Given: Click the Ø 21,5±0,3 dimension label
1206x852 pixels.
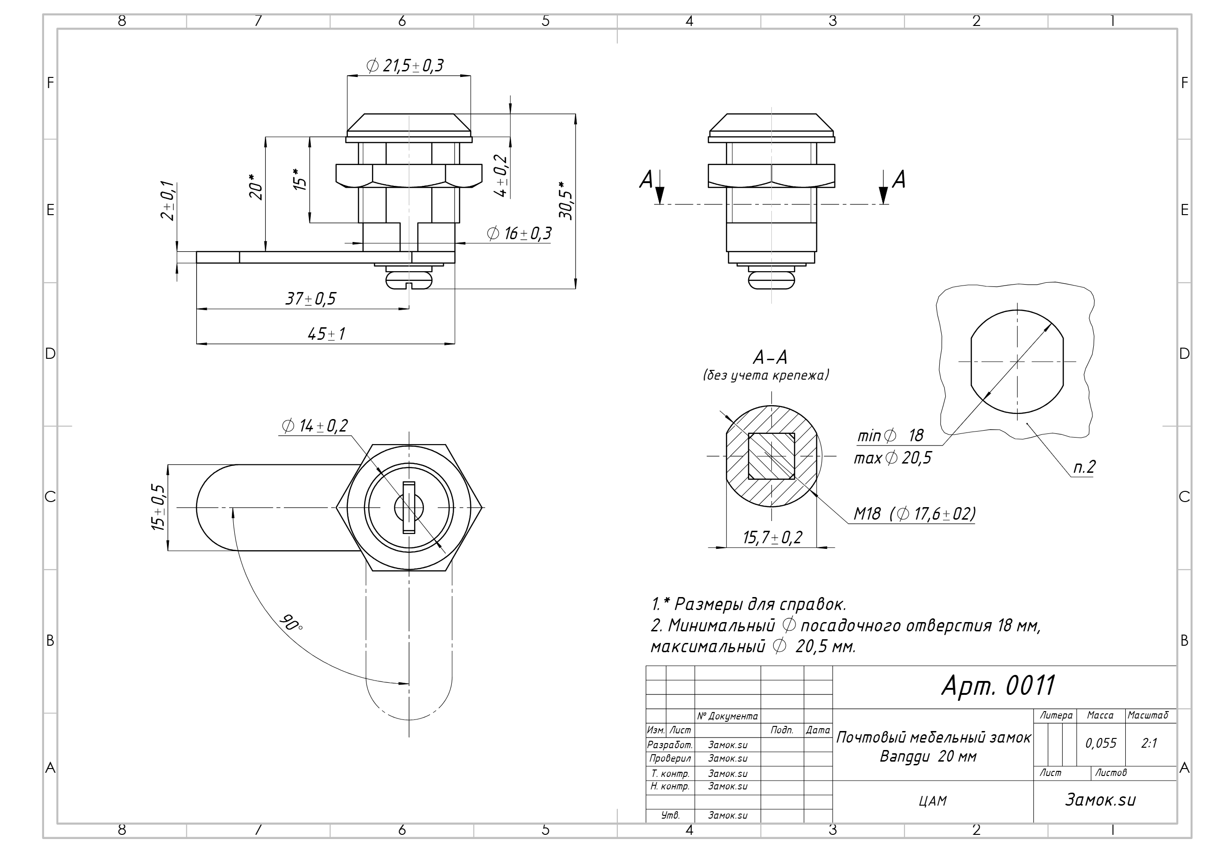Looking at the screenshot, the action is click(x=404, y=66).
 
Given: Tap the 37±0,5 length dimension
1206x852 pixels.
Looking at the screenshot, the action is click(x=310, y=299).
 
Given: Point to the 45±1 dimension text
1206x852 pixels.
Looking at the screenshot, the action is click(x=326, y=334).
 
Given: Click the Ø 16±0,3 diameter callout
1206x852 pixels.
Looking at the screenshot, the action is click(x=519, y=234).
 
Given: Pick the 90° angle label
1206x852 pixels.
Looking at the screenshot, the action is click(x=291, y=622).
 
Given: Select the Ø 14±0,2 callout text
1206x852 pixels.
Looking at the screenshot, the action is click(x=314, y=426).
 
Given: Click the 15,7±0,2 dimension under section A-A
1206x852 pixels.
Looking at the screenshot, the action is click(x=772, y=538).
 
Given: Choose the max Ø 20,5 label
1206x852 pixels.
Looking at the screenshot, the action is click(x=892, y=458).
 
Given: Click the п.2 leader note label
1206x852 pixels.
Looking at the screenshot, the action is click(x=1084, y=467).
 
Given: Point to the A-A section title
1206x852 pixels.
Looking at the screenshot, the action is click(x=770, y=358).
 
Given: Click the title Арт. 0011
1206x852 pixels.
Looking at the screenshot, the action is click(x=998, y=686).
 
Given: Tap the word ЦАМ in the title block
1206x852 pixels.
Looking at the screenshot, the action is click(x=933, y=801).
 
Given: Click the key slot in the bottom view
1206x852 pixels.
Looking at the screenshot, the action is click(x=409, y=508).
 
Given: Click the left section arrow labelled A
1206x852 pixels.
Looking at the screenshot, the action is click(x=660, y=187).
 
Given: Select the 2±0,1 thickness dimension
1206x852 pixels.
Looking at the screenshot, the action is click(x=168, y=201).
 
